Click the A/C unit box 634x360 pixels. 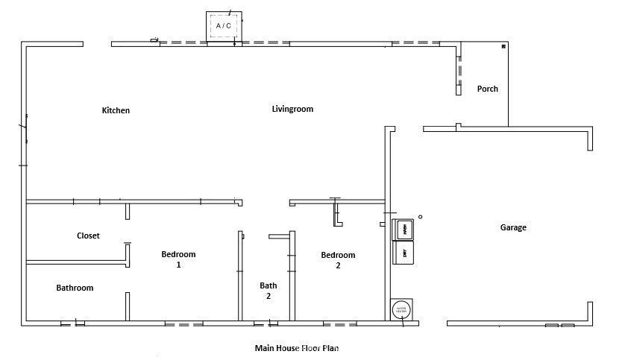coord(223,26)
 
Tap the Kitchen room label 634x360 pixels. coord(116,110)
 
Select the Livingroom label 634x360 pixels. coord(292,109)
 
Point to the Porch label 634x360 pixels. coord(487,89)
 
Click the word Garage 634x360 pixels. coord(512,227)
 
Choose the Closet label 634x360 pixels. coord(88,236)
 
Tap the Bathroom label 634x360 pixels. coord(75,288)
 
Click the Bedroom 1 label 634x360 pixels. coord(178,259)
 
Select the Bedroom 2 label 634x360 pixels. coord(338,259)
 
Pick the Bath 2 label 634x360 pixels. coord(269,290)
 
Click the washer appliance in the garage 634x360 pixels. coord(403,230)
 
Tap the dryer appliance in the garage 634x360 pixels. coord(403,252)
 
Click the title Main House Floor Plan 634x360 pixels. coord(297,347)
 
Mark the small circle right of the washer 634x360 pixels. coord(420,217)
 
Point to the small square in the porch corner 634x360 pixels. coord(503,46)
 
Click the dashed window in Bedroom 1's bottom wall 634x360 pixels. coord(183,324)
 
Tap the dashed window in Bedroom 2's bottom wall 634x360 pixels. coord(339,324)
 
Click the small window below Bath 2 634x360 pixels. coord(265,324)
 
